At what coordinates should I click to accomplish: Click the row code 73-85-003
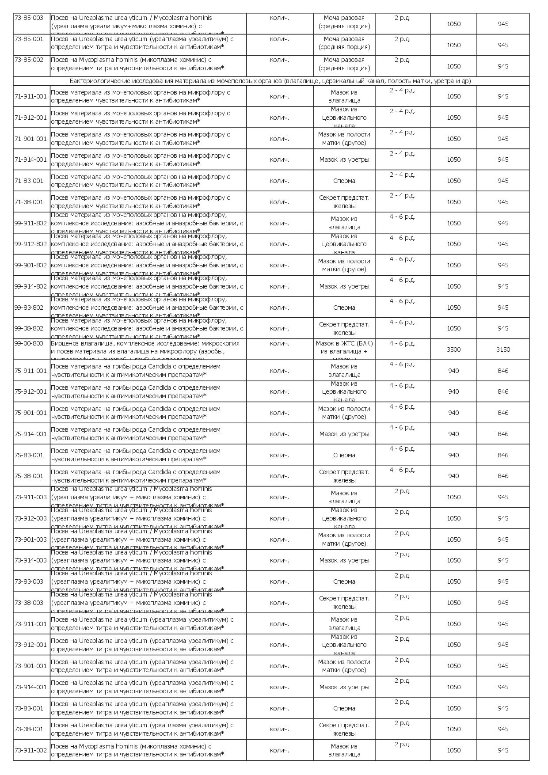[29, 18]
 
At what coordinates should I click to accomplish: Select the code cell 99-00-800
[29, 343]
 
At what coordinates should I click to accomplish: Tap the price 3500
[453, 350]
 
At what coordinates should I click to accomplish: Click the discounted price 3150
[503, 350]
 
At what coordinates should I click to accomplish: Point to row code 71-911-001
[30, 96]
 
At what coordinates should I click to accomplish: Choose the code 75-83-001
[29, 455]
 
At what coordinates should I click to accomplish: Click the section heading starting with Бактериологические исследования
[270, 81]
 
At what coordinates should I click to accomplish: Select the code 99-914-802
[30, 286]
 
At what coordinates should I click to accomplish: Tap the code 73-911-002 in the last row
[30, 750]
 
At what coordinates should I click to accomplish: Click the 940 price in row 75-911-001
[453, 371]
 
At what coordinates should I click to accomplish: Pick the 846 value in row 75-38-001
[503, 476]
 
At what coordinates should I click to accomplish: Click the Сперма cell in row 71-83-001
[344, 181]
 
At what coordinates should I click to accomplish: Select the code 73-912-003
[30, 518]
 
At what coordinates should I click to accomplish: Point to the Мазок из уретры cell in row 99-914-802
[344, 286]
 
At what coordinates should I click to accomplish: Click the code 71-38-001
[29, 202]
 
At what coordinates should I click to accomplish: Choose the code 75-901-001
[30, 413]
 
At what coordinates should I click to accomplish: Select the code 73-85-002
[29, 60]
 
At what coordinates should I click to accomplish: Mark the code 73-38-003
[29, 603]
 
